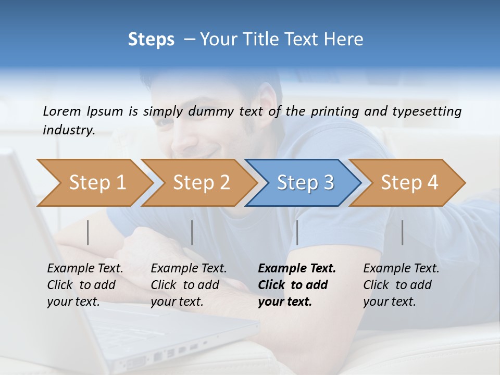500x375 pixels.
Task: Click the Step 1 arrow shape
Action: click(94, 183)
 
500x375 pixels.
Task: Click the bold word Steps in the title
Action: click(151, 39)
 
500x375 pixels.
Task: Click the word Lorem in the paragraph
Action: click(62, 111)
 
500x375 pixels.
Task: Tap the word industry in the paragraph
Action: click(68, 130)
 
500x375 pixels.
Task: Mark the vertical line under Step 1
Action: click(88, 232)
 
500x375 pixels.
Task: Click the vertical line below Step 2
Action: click(192, 232)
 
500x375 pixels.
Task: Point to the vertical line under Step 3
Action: click(297, 232)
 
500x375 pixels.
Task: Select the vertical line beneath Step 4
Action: click(402, 232)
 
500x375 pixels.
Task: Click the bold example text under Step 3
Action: click(296, 285)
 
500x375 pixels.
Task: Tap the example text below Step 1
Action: click(85, 285)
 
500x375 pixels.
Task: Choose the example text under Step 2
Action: click(189, 285)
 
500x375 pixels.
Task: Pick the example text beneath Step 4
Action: click(401, 285)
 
